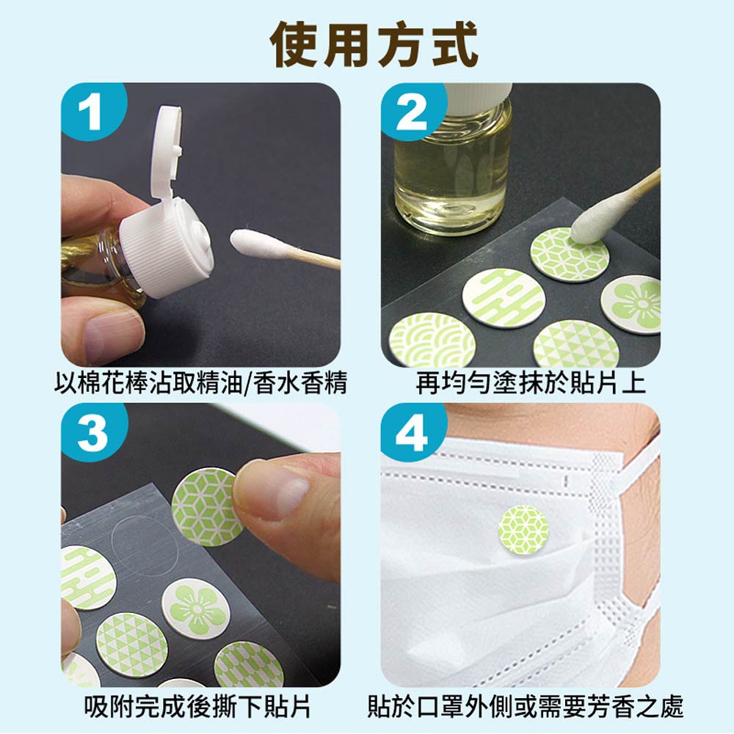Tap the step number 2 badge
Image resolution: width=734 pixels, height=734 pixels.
[x=411, y=115]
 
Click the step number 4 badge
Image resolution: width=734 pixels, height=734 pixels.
[x=411, y=435]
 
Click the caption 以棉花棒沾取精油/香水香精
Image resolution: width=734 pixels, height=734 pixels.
[x=200, y=383]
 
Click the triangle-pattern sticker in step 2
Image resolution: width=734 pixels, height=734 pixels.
[x=576, y=344]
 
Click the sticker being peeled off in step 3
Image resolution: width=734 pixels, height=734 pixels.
[x=206, y=506]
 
